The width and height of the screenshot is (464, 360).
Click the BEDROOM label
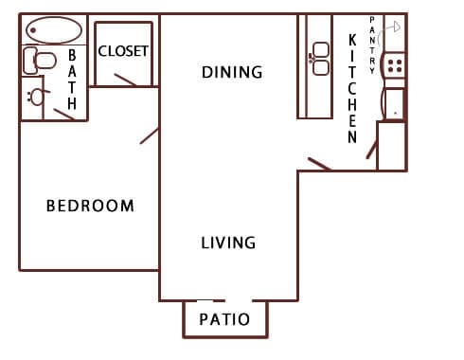tap(90, 206)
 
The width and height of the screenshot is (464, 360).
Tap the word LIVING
tap(228, 243)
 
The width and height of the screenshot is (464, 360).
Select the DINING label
tap(232, 72)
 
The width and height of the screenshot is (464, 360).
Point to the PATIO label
tap(225, 320)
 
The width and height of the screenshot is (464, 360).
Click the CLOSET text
tap(123, 51)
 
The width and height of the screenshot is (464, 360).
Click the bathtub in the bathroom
tap(53, 30)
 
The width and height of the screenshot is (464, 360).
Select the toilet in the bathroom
tap(41, 62)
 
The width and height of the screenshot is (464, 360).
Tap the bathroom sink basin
tap(37, 96)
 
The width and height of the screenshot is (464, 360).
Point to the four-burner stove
tap(395, 65)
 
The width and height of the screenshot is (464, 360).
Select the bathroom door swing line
tap(63, 114)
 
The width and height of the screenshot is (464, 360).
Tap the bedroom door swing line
tap(149, 135)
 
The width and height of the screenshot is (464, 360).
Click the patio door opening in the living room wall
tap(224, 300)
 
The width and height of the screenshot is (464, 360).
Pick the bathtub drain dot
tap(33, 30)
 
